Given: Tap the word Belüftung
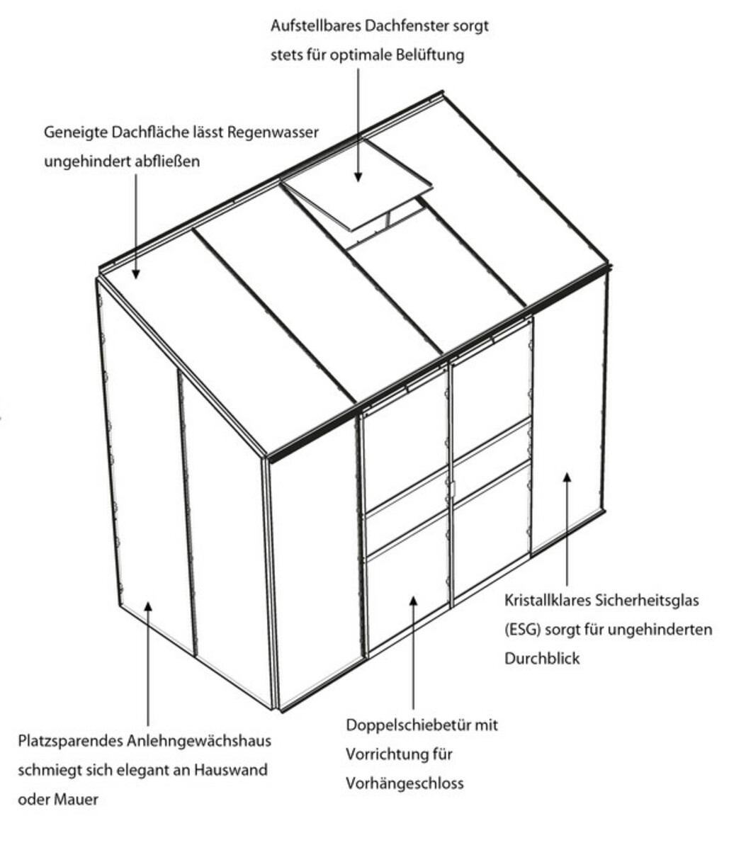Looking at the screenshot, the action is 430,55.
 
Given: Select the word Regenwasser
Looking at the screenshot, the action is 273,133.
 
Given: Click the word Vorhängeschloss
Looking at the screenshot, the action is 405,783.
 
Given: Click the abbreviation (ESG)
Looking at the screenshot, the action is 522,630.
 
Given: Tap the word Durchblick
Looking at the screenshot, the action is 542,658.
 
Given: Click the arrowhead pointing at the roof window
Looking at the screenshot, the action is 358,177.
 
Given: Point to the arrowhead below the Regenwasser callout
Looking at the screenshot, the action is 136,273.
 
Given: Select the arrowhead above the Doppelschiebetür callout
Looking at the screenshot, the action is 414,601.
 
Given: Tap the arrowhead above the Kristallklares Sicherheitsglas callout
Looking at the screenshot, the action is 567,477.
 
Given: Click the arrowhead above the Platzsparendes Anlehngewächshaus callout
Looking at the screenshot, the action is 148,607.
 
